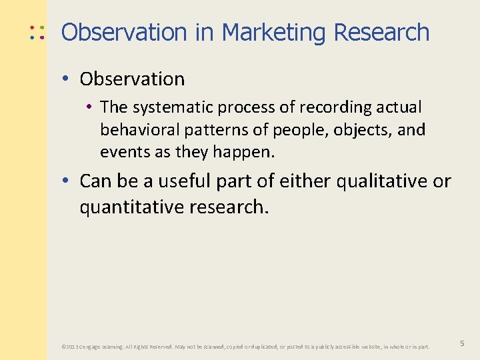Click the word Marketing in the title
(275, 32)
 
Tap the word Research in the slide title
(381, 32)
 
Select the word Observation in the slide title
(124, 32)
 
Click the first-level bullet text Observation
(132, 79)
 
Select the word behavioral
(135, 129)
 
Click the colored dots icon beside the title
(37, 32)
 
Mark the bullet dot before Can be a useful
(67, 181)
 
